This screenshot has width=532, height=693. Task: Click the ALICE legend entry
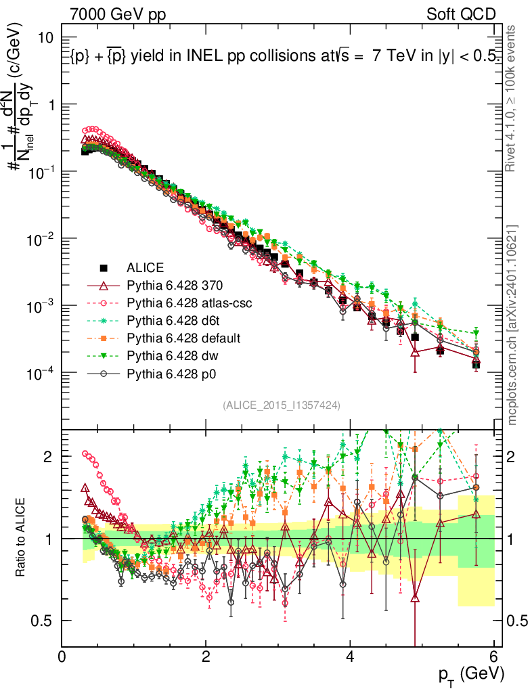(x=145, y=267)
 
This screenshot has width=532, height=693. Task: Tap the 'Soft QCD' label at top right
(x=461, y=14)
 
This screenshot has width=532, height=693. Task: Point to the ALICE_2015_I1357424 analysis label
(x=281, y=405)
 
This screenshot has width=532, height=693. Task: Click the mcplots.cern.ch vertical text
(x=512, y=324)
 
